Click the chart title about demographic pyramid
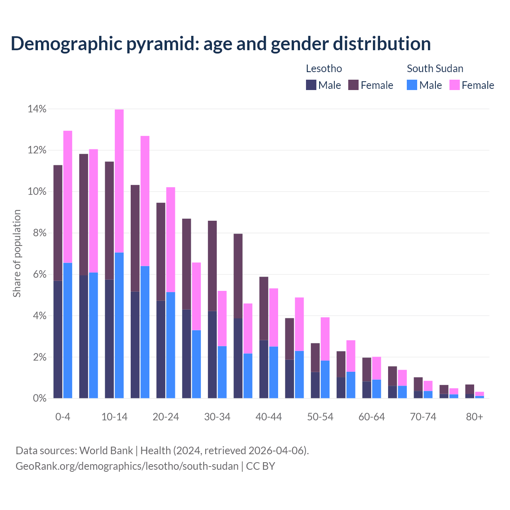[220, 43]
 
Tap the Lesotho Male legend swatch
[311, 85]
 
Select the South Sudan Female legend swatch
[454, 85]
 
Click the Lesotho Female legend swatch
[353, 85]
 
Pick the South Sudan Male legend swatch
[412, 85]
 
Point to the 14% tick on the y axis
[37, 109]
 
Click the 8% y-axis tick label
[39, 233]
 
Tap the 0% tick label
[39, 398]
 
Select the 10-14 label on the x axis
[114, 417]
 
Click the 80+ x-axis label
[475, 417]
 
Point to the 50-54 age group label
[320, 417]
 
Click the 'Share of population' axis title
[17, 253]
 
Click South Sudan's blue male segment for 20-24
[171, 345]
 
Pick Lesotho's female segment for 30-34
[212, 266]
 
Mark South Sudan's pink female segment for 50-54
[325, 339]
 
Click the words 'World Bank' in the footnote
[106, 451]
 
